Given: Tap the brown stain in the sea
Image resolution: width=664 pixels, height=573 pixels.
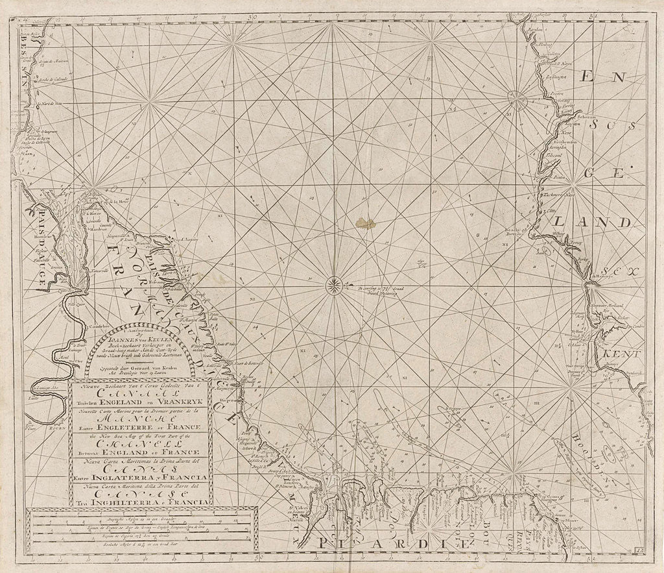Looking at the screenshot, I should point(365,223).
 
